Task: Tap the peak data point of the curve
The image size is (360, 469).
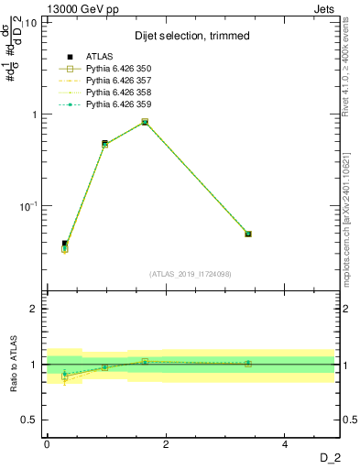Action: [x=145, y=122]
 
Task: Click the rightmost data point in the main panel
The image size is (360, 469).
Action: [x=248, y=234]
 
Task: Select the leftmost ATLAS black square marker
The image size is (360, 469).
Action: [x=65, y=244]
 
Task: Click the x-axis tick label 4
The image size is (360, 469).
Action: [x=285, y=444]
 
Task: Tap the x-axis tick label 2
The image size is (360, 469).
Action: [x=166, y=444]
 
